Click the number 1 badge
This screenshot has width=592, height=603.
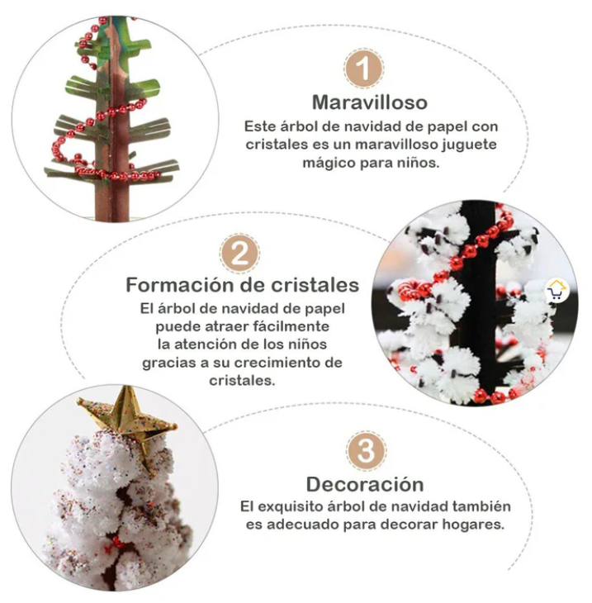click(x=363, y=69)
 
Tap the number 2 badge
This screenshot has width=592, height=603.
click(x=239, y=254)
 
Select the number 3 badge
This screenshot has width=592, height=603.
click(x=366, y=450)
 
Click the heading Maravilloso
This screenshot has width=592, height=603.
click(x=370, y=102)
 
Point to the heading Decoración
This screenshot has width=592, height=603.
click(x=365, y=484)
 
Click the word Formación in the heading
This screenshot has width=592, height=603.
click(x=179, y=285)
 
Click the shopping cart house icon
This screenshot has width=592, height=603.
click(x=556, y=291)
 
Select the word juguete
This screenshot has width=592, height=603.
click(x=469, y=145)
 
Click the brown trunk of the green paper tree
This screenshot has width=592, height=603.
click(x=116, y=127)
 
